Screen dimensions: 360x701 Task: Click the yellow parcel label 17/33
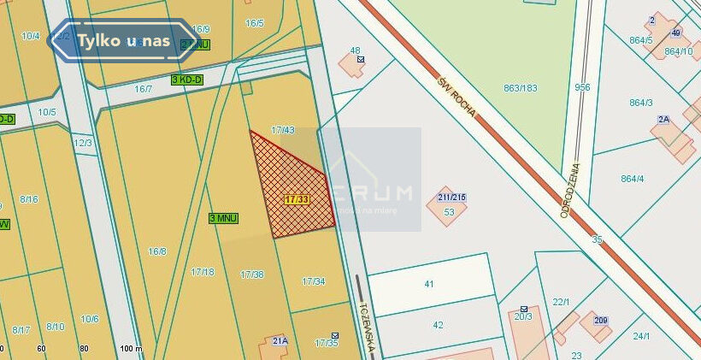(297, 199)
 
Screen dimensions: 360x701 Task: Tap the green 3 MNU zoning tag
(224, 219)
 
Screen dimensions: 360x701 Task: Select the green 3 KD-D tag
(187, 80)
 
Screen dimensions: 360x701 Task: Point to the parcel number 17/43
(283, 130)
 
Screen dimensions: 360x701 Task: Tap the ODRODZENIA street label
(571, 190)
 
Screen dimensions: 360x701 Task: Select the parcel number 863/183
(521, 87)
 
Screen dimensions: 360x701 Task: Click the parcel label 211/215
(447, 198)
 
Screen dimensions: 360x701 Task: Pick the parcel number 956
(582, 87)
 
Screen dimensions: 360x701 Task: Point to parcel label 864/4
(633, 179)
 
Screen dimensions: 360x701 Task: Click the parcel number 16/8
(157, 251)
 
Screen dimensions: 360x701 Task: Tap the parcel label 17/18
(203, 272)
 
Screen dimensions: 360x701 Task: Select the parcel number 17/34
(314, 281)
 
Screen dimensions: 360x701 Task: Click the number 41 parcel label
(429, 283)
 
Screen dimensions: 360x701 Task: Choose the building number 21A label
(279, 340)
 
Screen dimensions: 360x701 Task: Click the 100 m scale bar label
(131, 349)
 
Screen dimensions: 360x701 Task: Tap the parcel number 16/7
(143, 89)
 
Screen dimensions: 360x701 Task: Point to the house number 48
(355, 50)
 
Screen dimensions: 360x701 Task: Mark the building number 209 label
(601, 321)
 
